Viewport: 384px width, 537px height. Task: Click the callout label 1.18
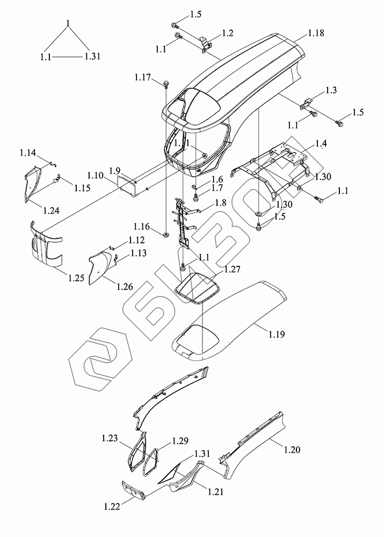(x=316, y=34)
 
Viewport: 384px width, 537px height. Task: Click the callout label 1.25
(x=76, y=278)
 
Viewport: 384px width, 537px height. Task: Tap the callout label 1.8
(x=206, y=204)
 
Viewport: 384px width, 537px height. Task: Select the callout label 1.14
(x=28, y=154)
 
